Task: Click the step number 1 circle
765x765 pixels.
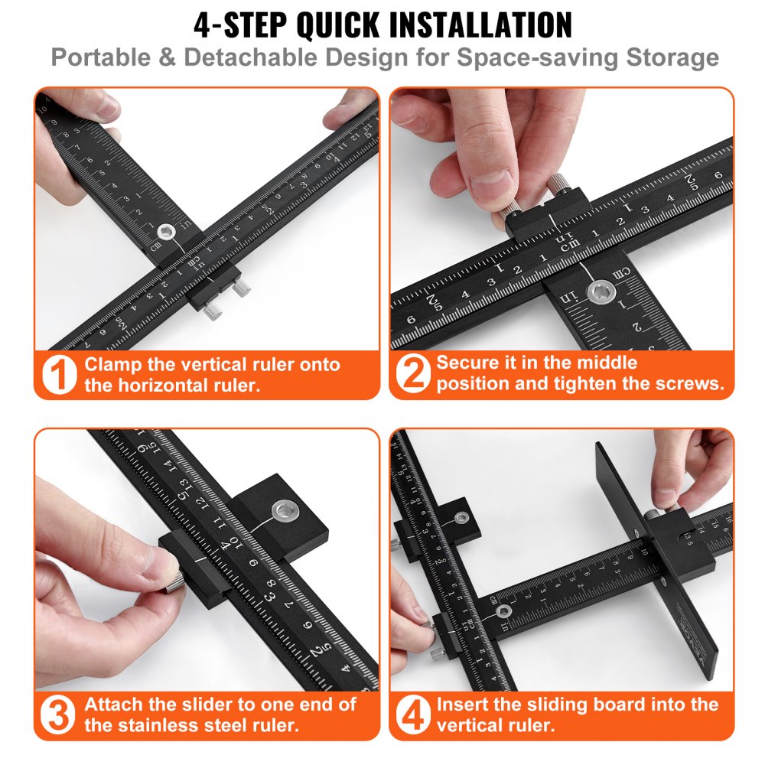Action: pos(59,375)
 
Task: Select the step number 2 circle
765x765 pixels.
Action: pos(413,375)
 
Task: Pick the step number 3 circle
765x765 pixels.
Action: pos(59,715)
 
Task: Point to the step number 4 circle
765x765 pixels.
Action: pos(413,715)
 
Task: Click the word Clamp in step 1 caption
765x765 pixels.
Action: pos(112,365)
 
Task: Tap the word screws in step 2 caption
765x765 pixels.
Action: pos(690,384)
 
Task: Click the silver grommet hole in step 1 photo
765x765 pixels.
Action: pos(166,232)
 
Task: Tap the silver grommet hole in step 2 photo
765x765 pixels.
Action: pos(600,291)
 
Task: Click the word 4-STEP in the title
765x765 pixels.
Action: pos(239,24)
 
